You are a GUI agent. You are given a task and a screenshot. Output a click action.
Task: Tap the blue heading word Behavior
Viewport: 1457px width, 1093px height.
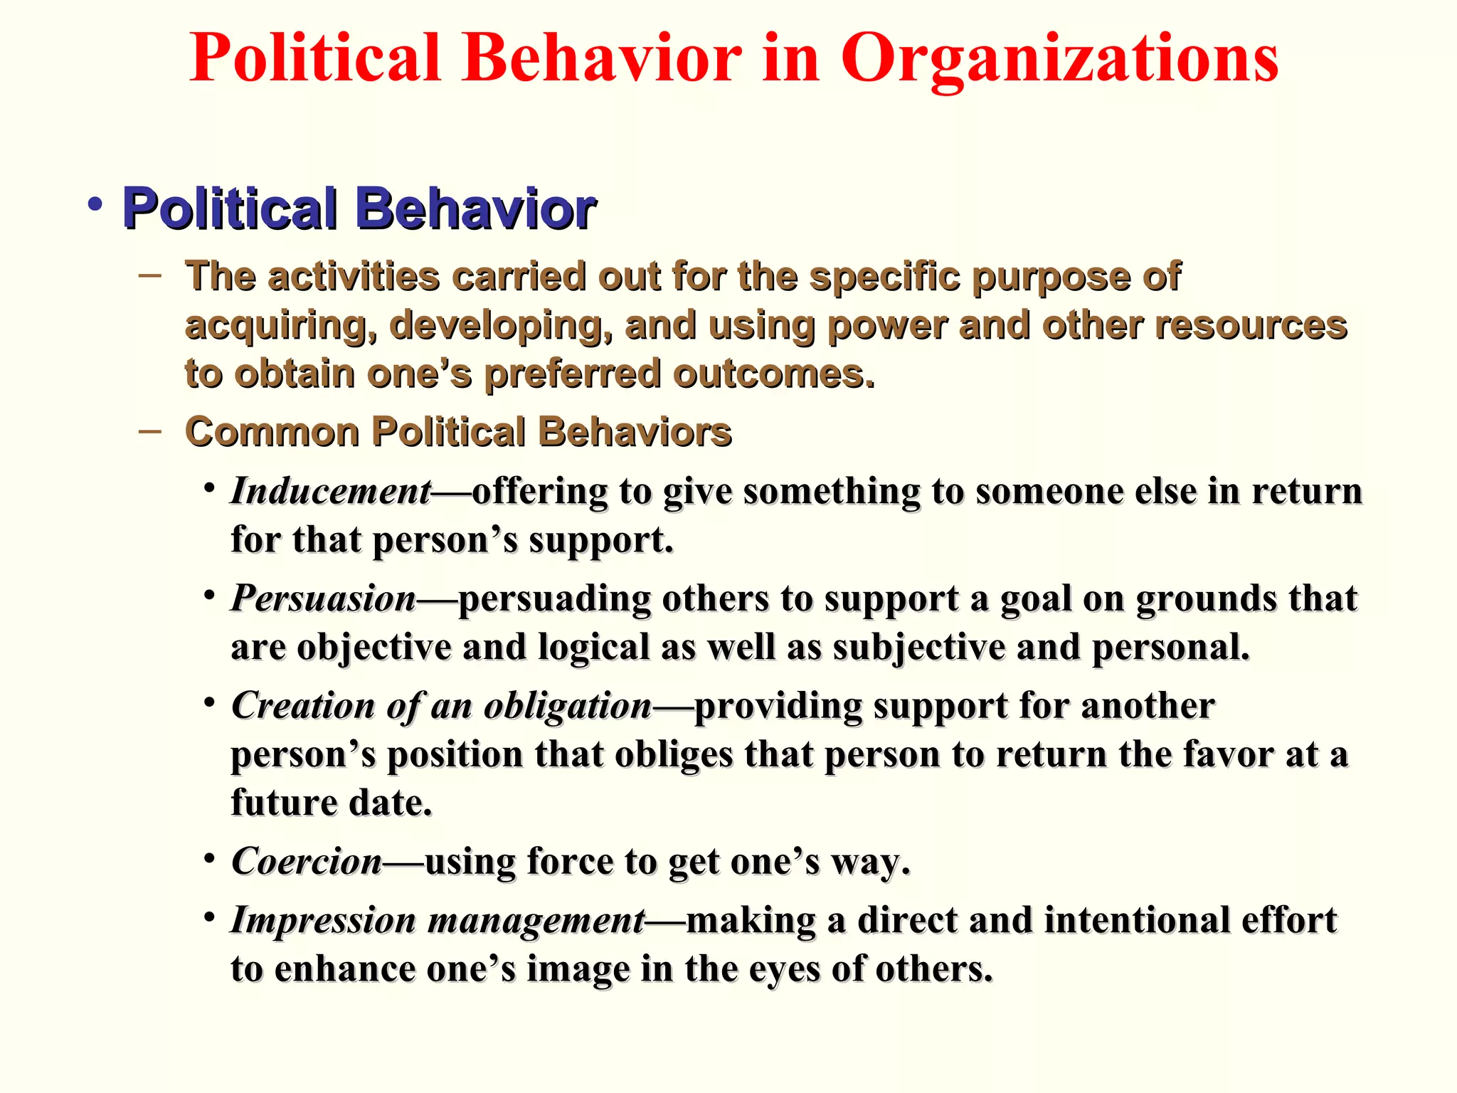475,209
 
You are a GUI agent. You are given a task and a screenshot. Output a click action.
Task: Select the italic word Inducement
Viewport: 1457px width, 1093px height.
331,492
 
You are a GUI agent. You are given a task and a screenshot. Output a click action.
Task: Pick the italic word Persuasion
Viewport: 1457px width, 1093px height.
324,598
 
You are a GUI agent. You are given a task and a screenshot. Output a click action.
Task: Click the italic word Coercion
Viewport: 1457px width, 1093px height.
307,862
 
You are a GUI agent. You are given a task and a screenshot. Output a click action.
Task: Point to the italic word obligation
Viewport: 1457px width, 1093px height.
568,707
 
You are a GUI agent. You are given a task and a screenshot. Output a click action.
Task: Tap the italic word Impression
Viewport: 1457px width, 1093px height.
324,920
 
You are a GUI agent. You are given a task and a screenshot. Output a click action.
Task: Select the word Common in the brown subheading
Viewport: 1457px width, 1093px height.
272,432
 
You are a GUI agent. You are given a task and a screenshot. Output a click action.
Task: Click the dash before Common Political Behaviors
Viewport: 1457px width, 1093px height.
150,431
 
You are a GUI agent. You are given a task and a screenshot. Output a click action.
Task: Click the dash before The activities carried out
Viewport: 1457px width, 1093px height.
150,275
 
